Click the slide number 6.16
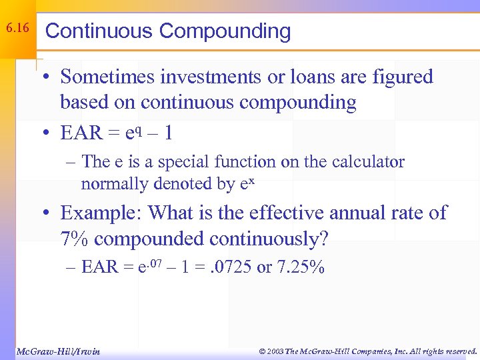click(x=18, y=29)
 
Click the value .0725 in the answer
click(x=235, y=268)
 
